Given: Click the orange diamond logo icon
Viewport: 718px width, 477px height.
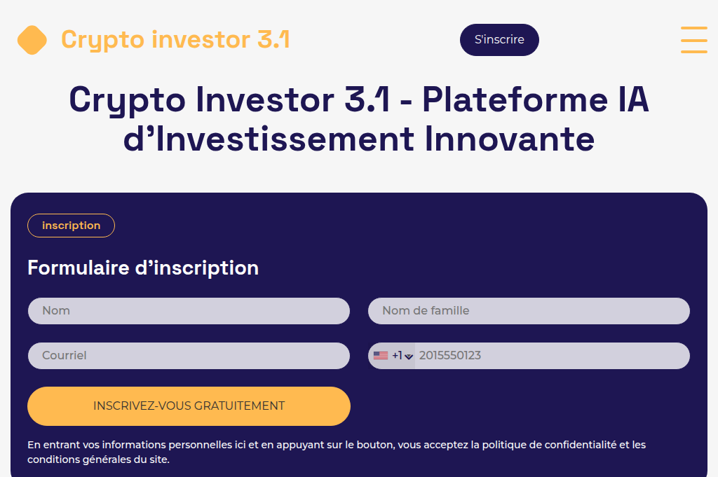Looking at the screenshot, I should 32,40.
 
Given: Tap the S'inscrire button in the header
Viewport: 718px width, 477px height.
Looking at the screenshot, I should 499,40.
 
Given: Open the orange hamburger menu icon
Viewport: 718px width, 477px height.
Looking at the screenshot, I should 693,40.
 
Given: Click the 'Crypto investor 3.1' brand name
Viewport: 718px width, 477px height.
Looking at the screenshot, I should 175,40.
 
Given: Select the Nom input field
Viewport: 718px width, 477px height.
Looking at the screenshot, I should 189,311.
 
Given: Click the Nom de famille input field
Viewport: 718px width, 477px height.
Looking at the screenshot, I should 529,311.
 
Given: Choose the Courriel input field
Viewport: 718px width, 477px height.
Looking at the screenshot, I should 189,356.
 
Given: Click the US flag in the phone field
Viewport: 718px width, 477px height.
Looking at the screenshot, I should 381,356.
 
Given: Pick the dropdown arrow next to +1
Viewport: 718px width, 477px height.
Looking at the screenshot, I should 409,357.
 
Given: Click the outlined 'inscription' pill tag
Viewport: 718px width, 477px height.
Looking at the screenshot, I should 71,226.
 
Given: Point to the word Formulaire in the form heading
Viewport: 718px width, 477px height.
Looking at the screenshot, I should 78,268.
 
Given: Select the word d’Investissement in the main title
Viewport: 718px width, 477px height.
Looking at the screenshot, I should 269,139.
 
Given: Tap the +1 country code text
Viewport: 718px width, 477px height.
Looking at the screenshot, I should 397,356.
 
